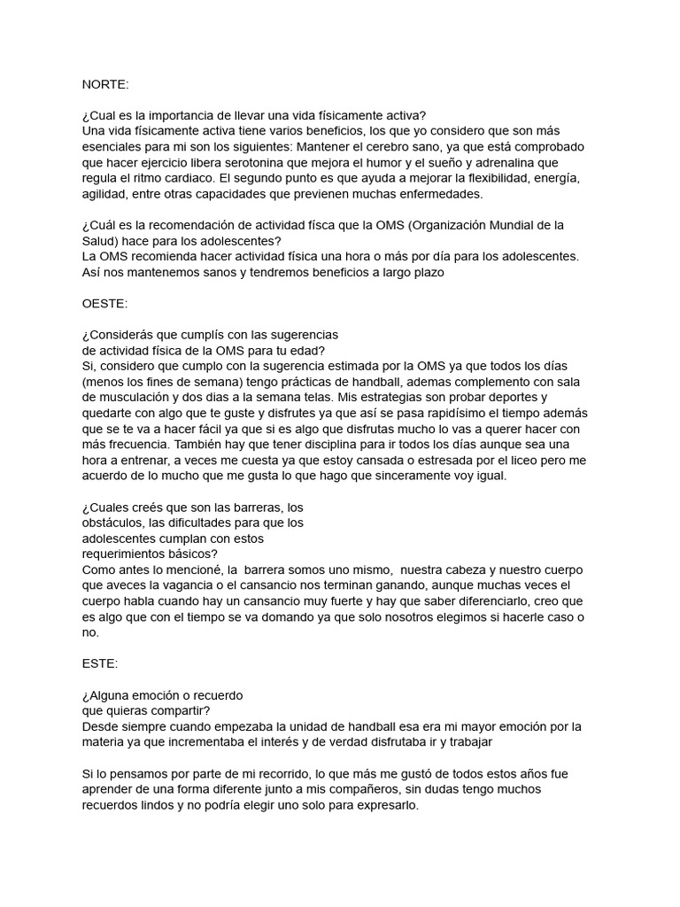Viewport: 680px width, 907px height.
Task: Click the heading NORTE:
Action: pyautogui.click(x=104, y=84)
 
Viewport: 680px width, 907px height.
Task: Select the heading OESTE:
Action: pyautogui.click(x=104, y=303)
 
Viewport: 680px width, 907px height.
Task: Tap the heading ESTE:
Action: pyautogui.click(x=100, y=663)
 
